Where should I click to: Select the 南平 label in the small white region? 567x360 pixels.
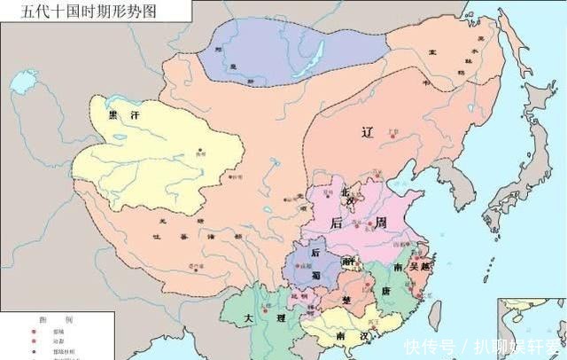pos(349,262)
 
